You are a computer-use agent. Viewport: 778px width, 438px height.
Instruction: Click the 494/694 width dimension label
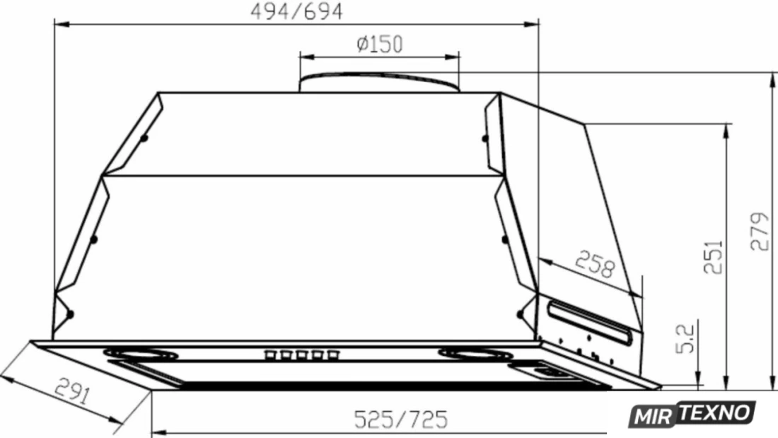pos(296,11)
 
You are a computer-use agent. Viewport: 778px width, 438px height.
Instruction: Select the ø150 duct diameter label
pos(380,44)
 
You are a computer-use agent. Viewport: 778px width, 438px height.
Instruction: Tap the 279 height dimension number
pos(760,231)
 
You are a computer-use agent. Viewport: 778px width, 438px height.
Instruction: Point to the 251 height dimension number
pos(714,257)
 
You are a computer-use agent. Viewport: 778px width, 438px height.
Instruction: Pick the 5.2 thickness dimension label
pos(685,339)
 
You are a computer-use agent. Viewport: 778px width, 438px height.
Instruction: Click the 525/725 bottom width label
pos(401,420)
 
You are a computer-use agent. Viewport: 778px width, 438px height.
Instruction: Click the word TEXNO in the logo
pos(716,413)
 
